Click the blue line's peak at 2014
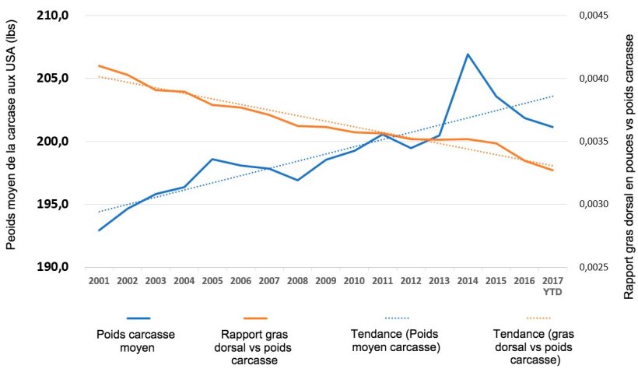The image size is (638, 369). pyautogui.click(x=468, y=54)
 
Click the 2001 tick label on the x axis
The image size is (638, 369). pyautogui.click(x=99, y=280)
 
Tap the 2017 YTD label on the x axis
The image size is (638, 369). pyautogui.click(x=552, y=285)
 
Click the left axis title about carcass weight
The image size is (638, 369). pyautogui.click(x=12, y=142)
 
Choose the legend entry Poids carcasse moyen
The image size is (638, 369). pyautogui.click(x=135, y=340)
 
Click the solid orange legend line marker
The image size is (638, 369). pyautogui.click(x=254, y=318)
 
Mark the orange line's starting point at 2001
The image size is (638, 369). pyautogui.click(x=99, y=66)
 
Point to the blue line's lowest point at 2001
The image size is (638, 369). pyautogui.click(x=99, y=230)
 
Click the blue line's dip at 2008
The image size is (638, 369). pyautogui.click(x=297, y=180)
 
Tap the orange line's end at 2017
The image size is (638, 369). pyautogui.click(x=552, y=170)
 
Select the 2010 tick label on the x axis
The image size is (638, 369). pyautogui.click(x=354, y=280)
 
